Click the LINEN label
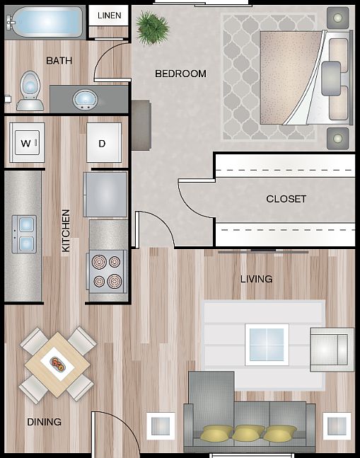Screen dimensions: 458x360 (109, 15)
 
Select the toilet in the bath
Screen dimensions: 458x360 (30, 91)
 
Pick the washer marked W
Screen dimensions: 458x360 (26, 144)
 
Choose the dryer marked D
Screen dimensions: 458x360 (103, 144)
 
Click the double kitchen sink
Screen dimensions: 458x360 (23, 234)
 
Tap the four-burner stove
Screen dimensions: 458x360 (107, 270)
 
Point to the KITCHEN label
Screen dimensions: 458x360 (66, 231)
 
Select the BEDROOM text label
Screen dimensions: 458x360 (180, 74)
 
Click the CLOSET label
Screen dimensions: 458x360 (286, 199)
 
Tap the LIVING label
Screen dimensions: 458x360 (256, 279)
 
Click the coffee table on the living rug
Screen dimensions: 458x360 (267, 345)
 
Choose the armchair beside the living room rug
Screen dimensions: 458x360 (331, 349)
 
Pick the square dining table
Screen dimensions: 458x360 (57, 364)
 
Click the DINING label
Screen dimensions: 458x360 (44, 422)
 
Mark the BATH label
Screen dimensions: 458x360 (59, 60)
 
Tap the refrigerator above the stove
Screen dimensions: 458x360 (105, 194)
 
